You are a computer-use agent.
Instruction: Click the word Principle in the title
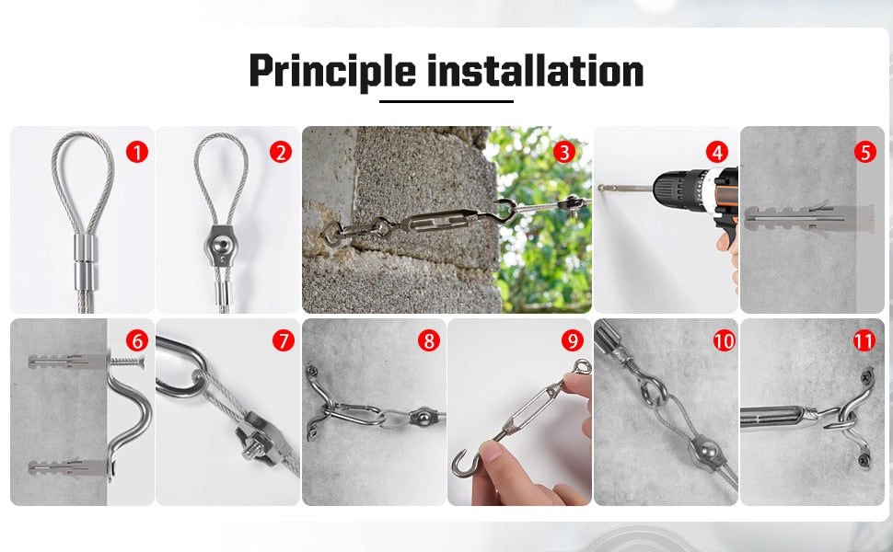[332, 72]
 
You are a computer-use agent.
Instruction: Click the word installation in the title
[536, 71]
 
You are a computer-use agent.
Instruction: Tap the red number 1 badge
[136, 152]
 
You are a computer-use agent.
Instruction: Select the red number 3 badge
[563, 152]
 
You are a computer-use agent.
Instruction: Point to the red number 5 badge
[865, 152]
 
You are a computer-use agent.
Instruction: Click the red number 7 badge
[283, 341]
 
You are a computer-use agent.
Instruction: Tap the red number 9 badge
[573, 341]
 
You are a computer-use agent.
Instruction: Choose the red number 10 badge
[724, 341]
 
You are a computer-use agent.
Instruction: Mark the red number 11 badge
[864, 341]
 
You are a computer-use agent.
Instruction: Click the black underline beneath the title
[446, 101]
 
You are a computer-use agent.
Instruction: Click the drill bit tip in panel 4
[600, 188]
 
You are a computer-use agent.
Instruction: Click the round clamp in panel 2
[222, 246]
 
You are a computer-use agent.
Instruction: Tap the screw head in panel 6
[141, 361]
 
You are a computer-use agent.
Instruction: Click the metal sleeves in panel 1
[85, 262]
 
